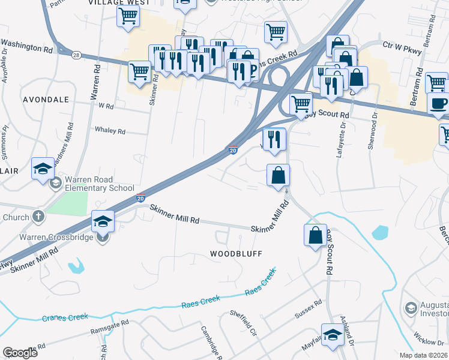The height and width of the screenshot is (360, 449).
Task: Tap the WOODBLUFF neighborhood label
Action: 236,254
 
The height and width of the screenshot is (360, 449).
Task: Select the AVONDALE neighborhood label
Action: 45,99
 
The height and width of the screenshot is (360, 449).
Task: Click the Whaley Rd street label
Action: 110,131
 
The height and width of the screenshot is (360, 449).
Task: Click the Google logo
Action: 20,353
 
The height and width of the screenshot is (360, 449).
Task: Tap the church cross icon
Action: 38,216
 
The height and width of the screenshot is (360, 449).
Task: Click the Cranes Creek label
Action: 65,317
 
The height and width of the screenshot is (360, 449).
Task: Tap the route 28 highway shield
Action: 76,55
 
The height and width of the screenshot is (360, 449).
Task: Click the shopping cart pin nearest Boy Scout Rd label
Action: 301,103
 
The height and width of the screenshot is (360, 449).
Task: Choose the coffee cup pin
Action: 438,103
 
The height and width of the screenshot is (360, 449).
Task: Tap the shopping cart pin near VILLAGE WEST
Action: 128,17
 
